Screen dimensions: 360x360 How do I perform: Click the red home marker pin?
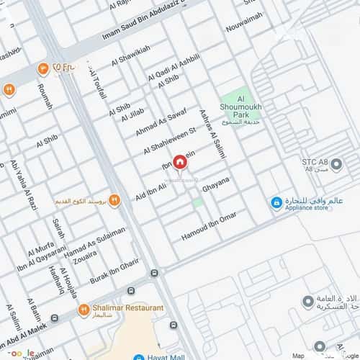click(x=178, y=162)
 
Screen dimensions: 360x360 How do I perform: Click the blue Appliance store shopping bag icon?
click(x=276, y=203)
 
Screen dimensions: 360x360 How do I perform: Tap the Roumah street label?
click(x=45, y=96)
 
